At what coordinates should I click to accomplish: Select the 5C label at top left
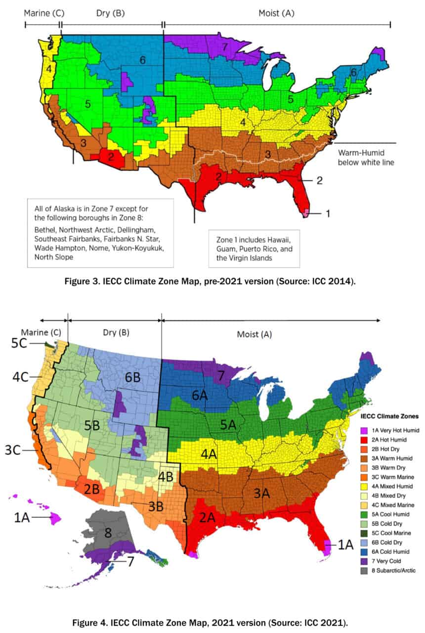click(22, 343)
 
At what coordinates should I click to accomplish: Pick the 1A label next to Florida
click(346, 545)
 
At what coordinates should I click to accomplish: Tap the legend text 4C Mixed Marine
click(392, 505)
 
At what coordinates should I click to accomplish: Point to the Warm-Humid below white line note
click(366, 157)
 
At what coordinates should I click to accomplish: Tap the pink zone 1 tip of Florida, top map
click(307, 212)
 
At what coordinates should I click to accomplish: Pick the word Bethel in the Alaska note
click(43, 229)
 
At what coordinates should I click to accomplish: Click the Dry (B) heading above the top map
click(112, 13)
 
